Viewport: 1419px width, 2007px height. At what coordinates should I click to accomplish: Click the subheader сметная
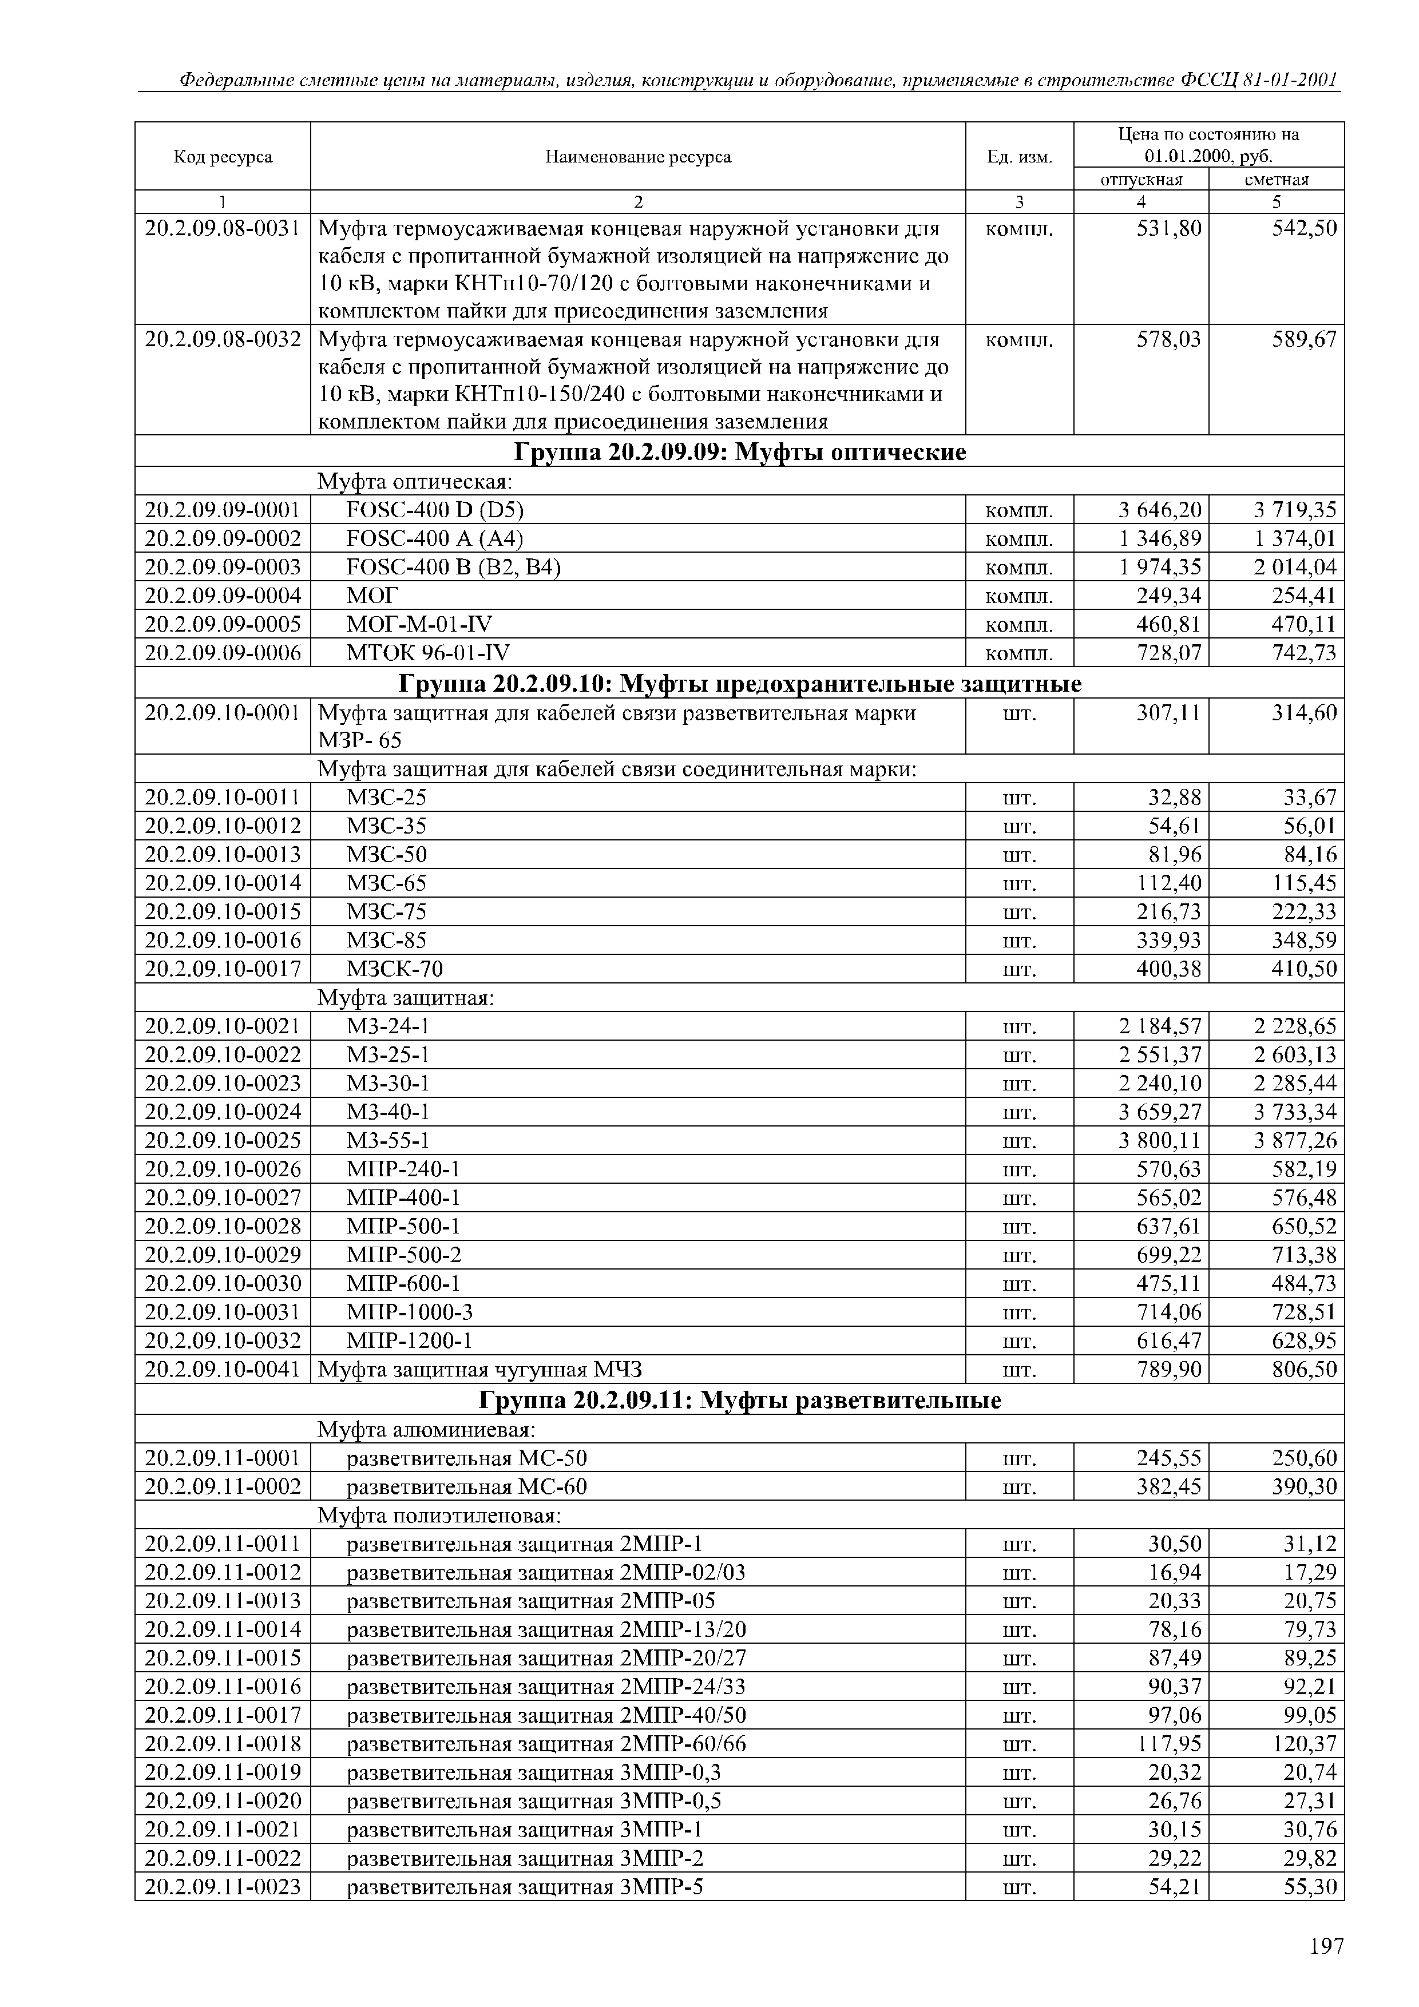(1277, 179)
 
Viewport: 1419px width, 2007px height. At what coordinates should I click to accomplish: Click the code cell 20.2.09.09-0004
(223, 596)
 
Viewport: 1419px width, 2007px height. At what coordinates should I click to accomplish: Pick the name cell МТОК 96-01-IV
(429, 653)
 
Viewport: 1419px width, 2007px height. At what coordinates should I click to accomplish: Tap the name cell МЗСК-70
(395, 969)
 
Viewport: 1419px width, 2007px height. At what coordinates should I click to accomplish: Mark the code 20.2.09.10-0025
(223, 1141)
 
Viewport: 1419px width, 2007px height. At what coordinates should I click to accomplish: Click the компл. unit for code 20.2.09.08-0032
(1020, 340)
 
